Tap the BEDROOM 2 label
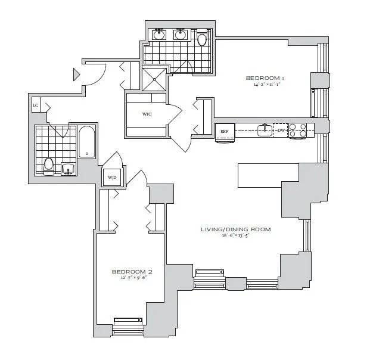click(x=128, y=272)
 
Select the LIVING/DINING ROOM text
click(x=236, y=229)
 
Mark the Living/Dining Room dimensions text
click(x=236, y=236)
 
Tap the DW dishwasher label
click(x=281, y=129)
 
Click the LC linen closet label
click(x=36, y=105)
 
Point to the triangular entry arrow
click(x=76, y=75)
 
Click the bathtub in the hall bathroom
click(x=88, y=142)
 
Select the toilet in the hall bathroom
click(x=49, y=164)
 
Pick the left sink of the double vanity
click(x=160, y=35)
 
